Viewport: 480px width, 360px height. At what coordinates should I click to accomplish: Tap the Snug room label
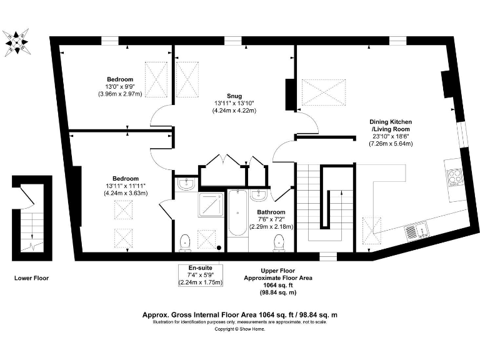pyautogui.click(x=234, y=96)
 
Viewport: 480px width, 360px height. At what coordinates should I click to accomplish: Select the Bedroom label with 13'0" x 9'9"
pyautogui.click(x=119, y=79)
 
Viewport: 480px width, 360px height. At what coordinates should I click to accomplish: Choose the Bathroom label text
pyautogui.click(x=272, y=212)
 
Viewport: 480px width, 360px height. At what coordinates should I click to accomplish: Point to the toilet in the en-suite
pyautogui.click(x=185, y=242)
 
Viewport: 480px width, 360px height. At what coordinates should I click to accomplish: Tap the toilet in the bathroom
pyautogui.click(x=279, y=244)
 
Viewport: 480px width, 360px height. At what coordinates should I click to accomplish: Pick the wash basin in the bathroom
pyautogui.click(x=259, y=196)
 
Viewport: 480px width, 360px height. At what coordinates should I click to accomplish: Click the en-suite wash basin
pyautogui.click(x=186, y=183)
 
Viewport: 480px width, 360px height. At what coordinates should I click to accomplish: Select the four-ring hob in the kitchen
pyautogui.click(x=453, y=177)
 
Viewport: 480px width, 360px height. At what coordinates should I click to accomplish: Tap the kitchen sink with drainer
pyautogui.click(x=416, y=230)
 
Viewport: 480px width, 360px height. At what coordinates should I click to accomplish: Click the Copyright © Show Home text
pyautogui.click(x=240, y=329)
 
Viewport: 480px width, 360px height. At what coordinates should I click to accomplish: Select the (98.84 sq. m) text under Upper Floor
pyautogui.click(x=278, y=292)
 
